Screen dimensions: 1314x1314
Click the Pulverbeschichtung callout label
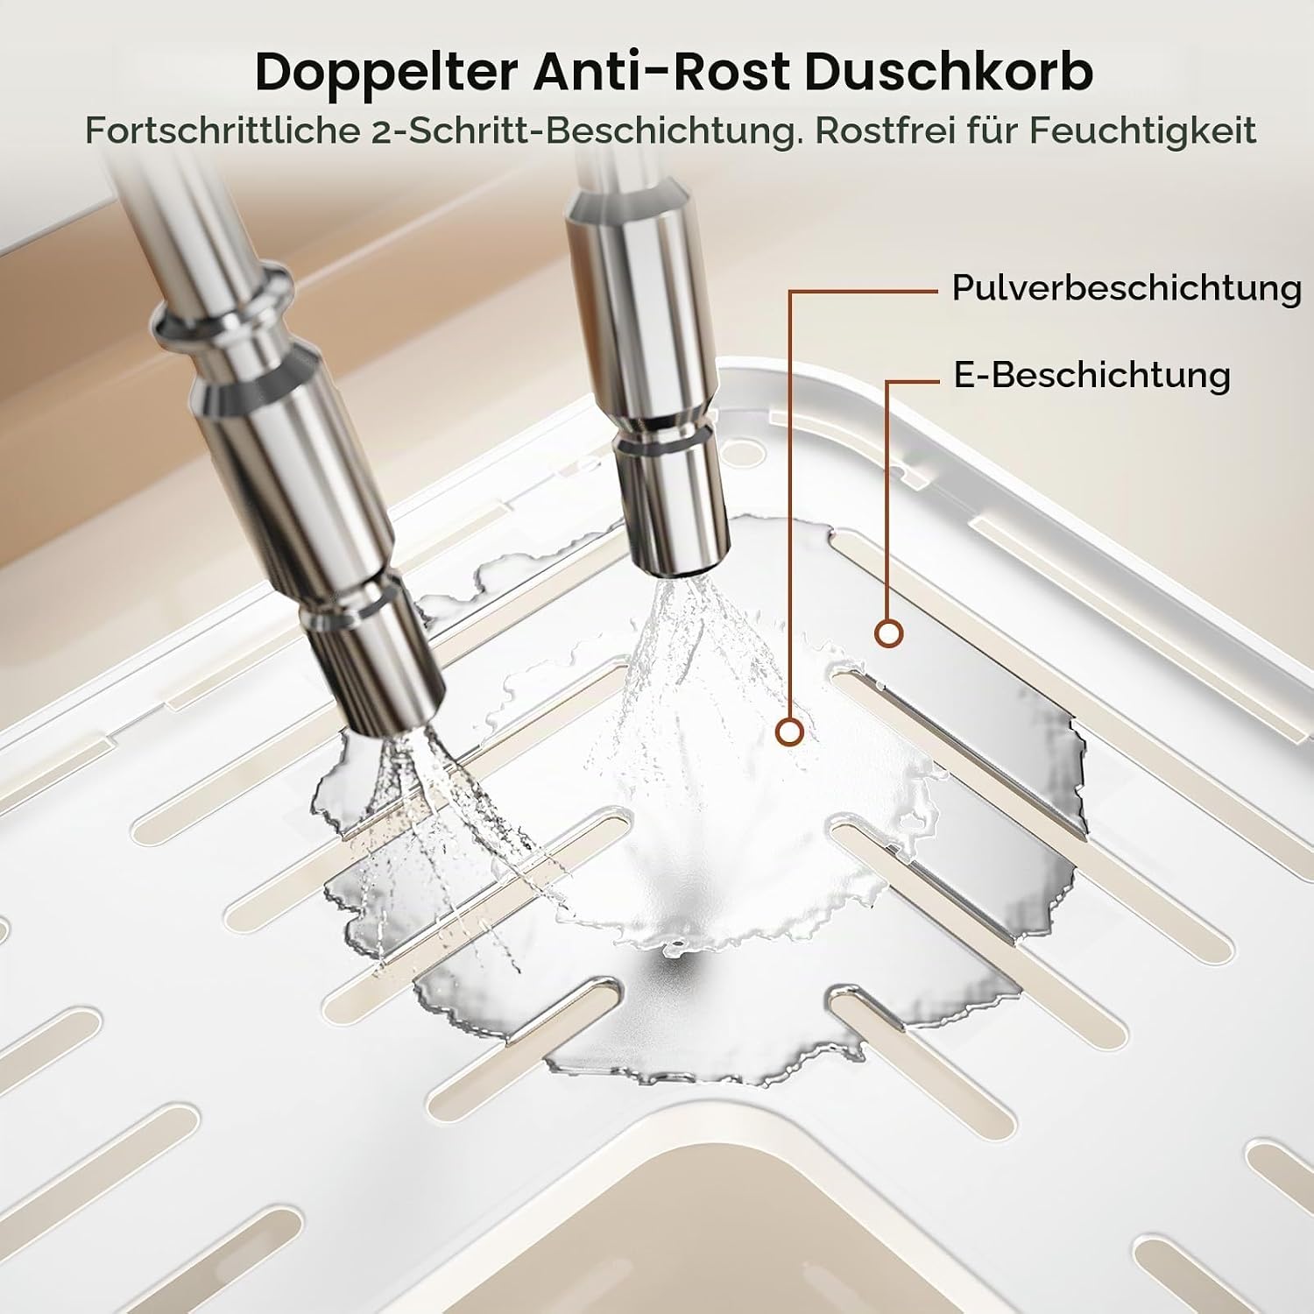coord(1127,288)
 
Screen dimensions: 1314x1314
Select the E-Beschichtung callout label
coord(1091,375)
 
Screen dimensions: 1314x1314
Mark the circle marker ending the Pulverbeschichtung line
coord(791,731)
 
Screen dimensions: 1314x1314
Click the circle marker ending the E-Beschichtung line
coord(888,633)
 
